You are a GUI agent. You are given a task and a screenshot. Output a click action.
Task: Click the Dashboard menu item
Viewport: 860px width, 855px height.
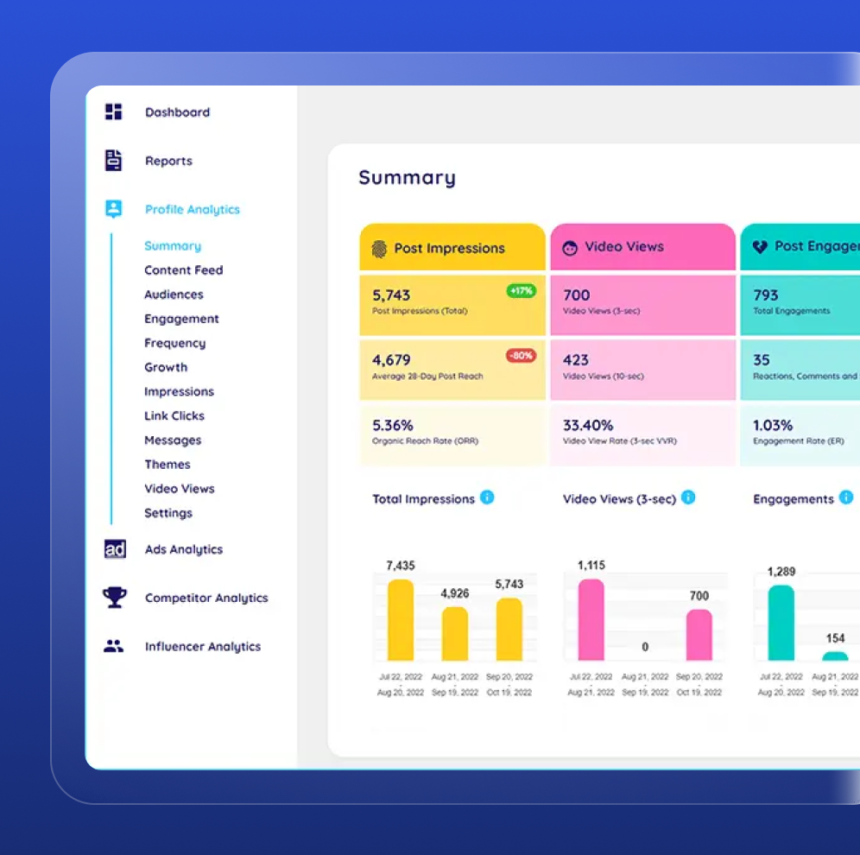pyautogui.click(x=177, y=112)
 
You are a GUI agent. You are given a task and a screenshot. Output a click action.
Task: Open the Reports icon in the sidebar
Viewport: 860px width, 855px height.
pyautogui.click(x=114, y=161)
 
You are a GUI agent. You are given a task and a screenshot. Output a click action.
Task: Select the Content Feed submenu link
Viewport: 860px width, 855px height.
pyautogui.click(x=183, y=270)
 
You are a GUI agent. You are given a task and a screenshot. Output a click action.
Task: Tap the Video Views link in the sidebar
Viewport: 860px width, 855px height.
pyautogui.click(x=179, y=489)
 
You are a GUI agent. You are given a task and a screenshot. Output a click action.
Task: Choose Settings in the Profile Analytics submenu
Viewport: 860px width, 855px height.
pyautogui.click(x=168, y=513)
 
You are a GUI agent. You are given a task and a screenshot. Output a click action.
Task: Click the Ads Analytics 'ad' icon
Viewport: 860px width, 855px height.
pyautogui.click(x=115, y=549)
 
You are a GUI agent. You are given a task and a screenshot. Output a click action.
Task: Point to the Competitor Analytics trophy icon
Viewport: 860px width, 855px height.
pyautogui.click(x=114, y=598)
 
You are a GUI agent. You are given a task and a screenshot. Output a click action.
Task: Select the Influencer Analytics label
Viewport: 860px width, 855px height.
pyautogui.click(x=202, y=647)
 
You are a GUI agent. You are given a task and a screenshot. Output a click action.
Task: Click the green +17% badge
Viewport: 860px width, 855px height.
pyautogui.click(x=522, y=291)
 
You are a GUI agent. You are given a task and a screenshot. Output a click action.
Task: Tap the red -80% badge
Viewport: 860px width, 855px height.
pyautogui.click(x=522, y=355)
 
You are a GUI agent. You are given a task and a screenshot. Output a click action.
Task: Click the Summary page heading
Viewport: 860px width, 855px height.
pyautogui.click(x=407, y=178)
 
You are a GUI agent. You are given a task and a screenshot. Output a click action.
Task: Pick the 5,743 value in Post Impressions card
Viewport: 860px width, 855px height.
pyautogui.click(x=391, y=295)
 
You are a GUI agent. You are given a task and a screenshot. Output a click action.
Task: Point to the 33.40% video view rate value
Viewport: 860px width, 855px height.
pyautogui.click(x=588, y=425)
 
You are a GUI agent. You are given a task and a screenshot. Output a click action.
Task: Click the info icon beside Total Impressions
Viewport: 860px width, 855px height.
pyautogui.click(x=487, y=497)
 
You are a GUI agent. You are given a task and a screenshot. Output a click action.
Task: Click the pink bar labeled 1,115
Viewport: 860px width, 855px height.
pyautogui.click(x=591, y=619)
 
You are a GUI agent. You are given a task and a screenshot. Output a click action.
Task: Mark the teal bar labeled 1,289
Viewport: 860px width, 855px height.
pyautogui.click(x=781, y=623)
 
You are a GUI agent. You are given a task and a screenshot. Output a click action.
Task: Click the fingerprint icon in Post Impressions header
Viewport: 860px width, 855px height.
pyautogui.click(x=379, y=249)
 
